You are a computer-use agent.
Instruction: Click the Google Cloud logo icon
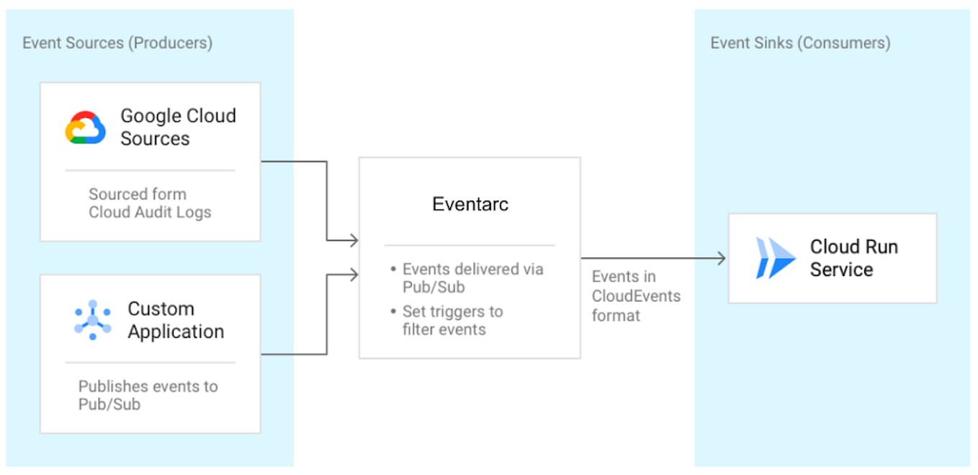coord(86,128)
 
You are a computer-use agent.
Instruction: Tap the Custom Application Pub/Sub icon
coord(93,320)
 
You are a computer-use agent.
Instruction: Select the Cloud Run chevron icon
coord(775,258)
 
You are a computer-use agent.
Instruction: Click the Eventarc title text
coord(470,204)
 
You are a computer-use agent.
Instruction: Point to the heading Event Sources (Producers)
coord(117,43)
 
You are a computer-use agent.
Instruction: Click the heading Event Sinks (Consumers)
coord(800,43)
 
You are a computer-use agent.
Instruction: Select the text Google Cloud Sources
coord(177,127)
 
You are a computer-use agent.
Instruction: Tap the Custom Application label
coord(176,320)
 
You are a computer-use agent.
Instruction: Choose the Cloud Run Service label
coord(853,258)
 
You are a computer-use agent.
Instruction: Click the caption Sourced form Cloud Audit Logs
coord(149,203)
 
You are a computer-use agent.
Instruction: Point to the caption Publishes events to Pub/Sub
coord(148,395)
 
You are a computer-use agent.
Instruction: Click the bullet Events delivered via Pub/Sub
coord(472,278)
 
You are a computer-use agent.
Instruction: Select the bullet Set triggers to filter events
coord(452,321)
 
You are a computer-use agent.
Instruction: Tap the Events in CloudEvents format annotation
coord(635,296)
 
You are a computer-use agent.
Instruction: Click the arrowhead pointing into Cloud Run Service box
coord(721,258)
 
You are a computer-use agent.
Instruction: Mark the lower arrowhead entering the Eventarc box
coord(354,273)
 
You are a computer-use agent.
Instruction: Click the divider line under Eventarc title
coord(470,245)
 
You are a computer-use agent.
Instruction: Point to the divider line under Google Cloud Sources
coord(150,171)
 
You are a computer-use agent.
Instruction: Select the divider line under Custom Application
coord(150,363)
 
